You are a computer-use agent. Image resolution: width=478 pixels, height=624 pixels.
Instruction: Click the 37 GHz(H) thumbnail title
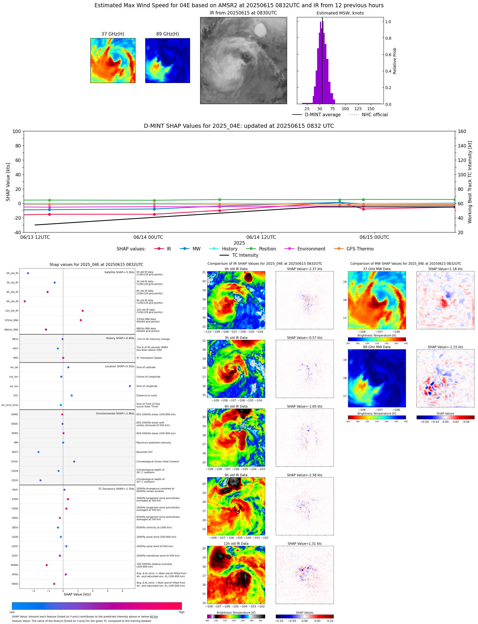113,34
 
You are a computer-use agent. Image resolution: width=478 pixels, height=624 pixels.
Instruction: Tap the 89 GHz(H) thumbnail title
168,34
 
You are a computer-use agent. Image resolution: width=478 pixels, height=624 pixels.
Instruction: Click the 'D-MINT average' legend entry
322,115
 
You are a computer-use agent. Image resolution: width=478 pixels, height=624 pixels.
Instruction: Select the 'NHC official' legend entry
374,115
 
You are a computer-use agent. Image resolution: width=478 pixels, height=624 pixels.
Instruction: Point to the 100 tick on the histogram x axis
345,109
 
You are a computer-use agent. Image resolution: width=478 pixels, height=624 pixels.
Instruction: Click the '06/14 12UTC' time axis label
261,237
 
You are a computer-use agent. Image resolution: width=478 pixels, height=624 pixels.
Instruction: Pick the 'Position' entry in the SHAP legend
267,249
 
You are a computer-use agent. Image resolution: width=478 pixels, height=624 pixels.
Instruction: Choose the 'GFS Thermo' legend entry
360,249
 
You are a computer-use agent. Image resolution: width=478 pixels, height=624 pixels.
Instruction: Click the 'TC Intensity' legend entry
245,255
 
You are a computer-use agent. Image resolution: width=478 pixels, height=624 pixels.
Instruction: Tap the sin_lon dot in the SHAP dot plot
130,386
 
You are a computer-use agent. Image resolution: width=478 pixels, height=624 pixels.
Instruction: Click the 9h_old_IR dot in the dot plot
25,302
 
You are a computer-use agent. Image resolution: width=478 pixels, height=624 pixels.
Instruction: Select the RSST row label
15,452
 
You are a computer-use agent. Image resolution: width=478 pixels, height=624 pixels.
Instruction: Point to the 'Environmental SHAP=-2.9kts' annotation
115,414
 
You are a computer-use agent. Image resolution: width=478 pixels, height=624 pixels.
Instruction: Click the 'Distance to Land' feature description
146,396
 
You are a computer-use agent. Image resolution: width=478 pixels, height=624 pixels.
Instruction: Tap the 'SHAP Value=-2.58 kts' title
304,475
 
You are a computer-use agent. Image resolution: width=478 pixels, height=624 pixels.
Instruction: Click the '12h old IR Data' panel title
236,544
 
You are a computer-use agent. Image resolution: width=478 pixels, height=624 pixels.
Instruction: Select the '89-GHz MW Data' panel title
377,347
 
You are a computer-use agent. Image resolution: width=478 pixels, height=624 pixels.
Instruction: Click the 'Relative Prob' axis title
395,61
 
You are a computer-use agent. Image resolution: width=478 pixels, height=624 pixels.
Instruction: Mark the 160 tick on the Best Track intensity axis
462,131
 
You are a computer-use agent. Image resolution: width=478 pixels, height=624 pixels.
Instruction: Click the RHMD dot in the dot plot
47,565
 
